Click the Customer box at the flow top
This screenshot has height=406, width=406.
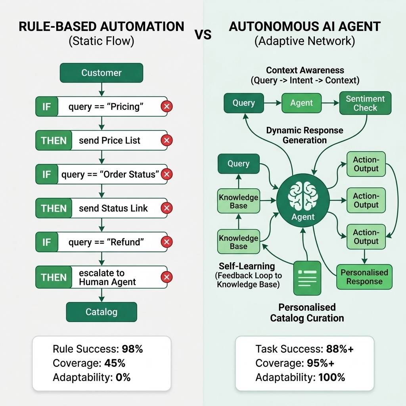point(101,73)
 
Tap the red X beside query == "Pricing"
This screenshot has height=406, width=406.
point(167,106)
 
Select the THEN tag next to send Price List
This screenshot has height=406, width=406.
point(54,140)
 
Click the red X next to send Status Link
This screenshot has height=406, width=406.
point(167,208)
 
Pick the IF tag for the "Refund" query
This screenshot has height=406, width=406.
point(46,242)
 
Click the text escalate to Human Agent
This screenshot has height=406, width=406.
point(107,278)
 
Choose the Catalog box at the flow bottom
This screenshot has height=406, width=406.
point(101,312)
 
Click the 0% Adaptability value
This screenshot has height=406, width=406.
point(123,377)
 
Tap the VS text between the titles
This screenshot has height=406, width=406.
point(203,35)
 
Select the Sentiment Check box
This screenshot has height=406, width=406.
point(365,103)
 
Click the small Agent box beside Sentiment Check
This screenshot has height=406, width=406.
point(301,103)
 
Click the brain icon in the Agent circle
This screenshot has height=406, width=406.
point(303,196)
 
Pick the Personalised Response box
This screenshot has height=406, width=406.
point(364,277)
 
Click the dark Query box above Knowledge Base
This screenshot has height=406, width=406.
point(238,164)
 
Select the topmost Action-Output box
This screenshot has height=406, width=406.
point(366,164)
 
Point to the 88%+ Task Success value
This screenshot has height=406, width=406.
point(340,349)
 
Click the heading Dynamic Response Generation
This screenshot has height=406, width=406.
point(304,135)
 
